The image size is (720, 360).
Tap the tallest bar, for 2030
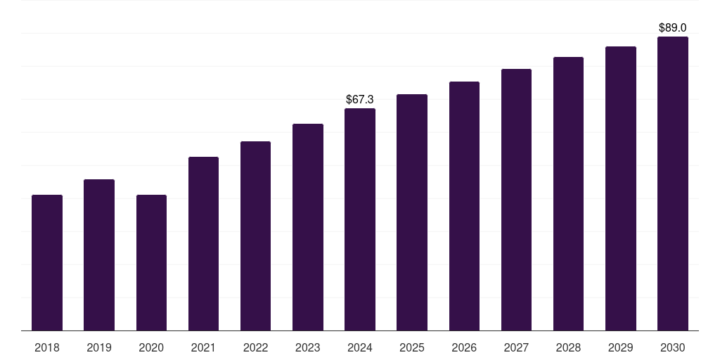pyautogui.click(x=673, y=184)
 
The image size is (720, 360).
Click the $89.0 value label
pyautogui.click(x=673, y=28)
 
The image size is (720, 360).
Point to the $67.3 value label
pyautogui.click(x=360, y=100)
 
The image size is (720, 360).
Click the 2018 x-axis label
pyautogui.click(x=47, y=347)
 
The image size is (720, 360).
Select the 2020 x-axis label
pyautogui.click(x=151, y=347)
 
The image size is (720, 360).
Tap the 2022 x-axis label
pyautogui.click(x=255, y=347)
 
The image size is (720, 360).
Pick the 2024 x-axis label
pyautogui.click(x=360, y=347)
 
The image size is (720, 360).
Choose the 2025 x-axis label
pyautogui.click(x=412, y=347)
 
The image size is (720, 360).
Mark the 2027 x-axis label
pyautogui.click(x=516, y=347)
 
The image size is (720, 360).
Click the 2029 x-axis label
pyautogui.click(x=621, y=347)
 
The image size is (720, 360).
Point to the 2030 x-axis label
pyautogui.click(x=673, y=347)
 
